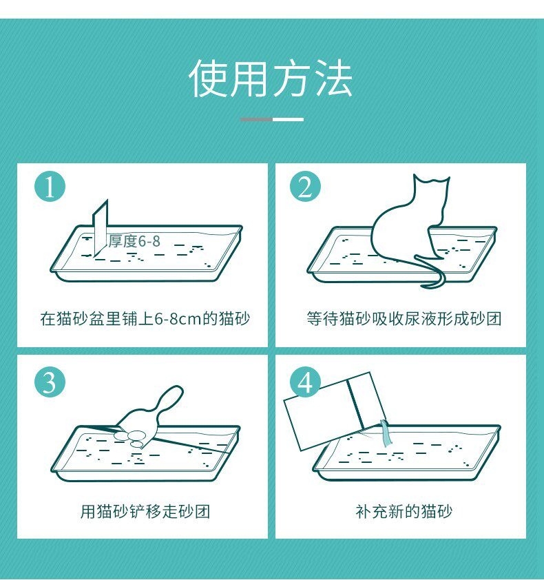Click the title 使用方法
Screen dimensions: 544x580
tap(271, 79)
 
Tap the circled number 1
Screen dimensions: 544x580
tap(50, 186)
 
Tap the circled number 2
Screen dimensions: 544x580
tap(305, 186)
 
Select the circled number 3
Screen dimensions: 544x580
tap(50, 382)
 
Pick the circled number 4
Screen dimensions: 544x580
tap(305, 382)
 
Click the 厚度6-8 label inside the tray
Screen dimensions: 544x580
tap(134, 241)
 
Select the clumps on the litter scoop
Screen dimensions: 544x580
tap(134, 438)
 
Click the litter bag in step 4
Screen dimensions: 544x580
tap(335, 410)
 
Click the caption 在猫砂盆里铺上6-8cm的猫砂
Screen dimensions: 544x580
tap(145, 318)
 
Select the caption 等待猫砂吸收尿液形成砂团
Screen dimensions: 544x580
tap(404, 318)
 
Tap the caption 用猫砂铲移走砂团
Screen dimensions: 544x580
tap(145, 512)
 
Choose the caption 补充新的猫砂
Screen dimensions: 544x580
tap(404, 512)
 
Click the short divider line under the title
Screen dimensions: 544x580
tap(272, 119)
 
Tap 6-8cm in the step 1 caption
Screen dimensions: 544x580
tap(178, 319)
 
